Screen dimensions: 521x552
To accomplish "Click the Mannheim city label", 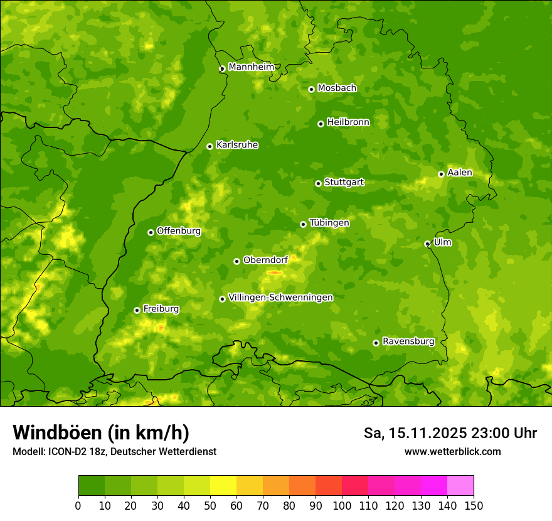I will (251, 67).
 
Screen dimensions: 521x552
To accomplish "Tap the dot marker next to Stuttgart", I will (318, 183).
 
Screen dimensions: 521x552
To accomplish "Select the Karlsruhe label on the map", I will (236, 145).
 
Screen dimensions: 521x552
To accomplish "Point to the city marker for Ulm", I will (427, 244).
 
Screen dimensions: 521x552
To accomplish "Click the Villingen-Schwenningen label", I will (280, 298).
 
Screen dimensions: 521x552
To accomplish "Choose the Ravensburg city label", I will (408, 341).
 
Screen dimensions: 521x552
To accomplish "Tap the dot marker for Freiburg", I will (137, 310).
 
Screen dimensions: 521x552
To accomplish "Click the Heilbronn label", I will (348, 122).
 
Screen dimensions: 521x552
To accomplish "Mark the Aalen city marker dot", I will (441, 174).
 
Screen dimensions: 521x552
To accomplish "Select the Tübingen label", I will (329, 223).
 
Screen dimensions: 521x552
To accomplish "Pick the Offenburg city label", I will (179, 231).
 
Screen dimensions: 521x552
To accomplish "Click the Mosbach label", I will (337, 89).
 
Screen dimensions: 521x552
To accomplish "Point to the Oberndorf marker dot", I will (236, 261).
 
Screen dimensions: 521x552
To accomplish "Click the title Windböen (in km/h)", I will (101, 433).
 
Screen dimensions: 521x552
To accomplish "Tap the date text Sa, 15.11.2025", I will (413, 433).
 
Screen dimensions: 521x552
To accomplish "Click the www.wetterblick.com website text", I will (452, 452).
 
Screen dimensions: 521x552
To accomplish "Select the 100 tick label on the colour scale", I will (342, 506).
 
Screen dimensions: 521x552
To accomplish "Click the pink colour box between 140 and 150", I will (460, 486).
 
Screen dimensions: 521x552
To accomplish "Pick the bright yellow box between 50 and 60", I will (223, 486).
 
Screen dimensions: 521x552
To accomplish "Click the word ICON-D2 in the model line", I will (65, 452).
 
